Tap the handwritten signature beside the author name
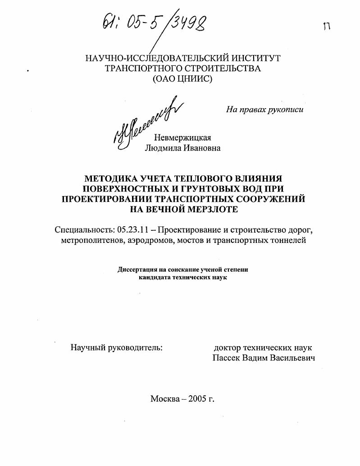pos(142,121)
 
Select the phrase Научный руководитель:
pos(117,347)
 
